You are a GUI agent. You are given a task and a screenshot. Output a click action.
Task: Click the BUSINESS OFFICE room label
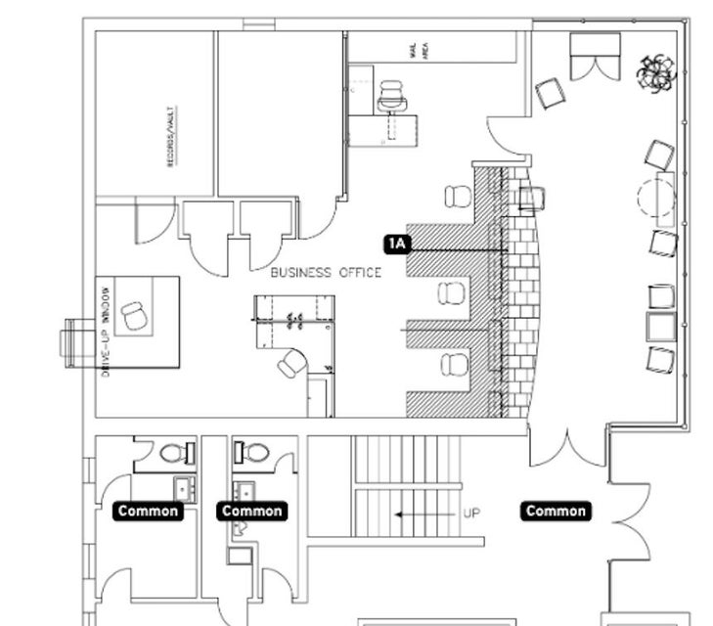(326, 273)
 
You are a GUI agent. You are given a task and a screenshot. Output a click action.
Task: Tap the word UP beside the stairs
(471, 513)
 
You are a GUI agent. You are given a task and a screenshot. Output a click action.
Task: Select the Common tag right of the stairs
(556, 511)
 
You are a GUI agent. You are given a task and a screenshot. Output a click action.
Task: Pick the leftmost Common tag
(148, 511)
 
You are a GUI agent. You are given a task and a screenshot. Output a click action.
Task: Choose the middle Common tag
(252, 511)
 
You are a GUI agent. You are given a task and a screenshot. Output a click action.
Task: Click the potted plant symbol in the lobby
(655, 71)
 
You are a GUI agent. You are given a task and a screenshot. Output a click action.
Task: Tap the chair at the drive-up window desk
(134, 315)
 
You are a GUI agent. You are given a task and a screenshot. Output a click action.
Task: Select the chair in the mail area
(392, 96)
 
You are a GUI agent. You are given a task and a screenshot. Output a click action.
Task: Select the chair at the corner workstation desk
(291, 364)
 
